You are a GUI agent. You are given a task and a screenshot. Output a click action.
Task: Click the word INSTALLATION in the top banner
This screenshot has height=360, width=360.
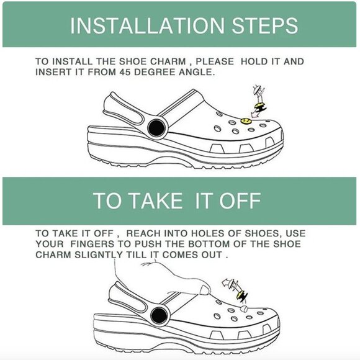[x=147, y=25]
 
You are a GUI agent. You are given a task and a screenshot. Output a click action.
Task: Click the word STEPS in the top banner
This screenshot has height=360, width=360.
[x=264, y=25]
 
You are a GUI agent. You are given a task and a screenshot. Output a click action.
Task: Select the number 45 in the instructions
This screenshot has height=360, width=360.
[x=125, y=72]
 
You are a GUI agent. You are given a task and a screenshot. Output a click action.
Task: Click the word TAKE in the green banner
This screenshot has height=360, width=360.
[x=156, y=200]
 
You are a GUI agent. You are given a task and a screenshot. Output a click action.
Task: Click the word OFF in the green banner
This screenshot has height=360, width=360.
[x=240, y=200]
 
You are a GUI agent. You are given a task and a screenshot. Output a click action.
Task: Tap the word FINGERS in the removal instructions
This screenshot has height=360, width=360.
[x=92, y=244]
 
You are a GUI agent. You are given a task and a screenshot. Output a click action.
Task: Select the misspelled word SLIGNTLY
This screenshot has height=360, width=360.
[x=99, y=255]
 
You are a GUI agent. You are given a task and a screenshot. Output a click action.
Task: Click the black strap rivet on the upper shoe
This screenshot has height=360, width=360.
[x=156, y=128]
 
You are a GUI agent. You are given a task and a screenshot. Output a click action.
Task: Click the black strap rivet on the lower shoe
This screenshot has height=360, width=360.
[x=159, y=315]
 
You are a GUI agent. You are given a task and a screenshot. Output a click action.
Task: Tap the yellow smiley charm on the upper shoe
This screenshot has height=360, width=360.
[x=246, y=121]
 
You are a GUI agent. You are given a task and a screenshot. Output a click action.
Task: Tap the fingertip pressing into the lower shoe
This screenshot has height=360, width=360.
[x=205, y=289]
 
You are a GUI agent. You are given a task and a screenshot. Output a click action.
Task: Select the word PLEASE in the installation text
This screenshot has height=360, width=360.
[x=215, y=61]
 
